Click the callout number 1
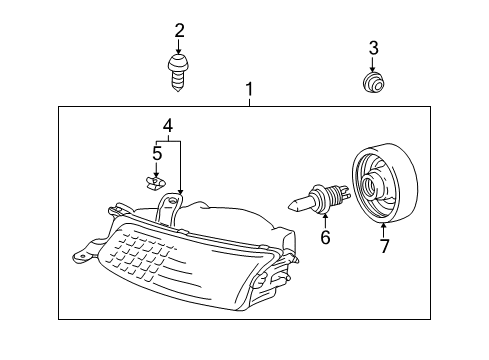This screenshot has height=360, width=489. [250, 91]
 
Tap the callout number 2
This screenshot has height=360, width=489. [180, 30]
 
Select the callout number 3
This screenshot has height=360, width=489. [373, 47]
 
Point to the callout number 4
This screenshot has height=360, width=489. [169, 126]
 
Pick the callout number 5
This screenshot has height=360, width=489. [156, 153]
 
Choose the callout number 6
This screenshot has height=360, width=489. [325, 238]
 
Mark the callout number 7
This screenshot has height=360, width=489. [383, 244]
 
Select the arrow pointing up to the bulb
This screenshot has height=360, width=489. [325, 219]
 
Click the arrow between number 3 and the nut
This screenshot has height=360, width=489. [373, 62]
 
